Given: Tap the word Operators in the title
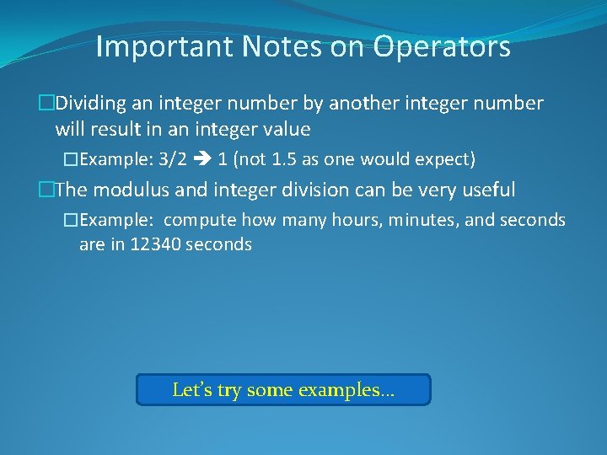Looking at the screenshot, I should point(442,47).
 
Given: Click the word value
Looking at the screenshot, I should point(287,130).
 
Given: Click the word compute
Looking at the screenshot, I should point(201,221).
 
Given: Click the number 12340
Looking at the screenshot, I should point(155,245).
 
